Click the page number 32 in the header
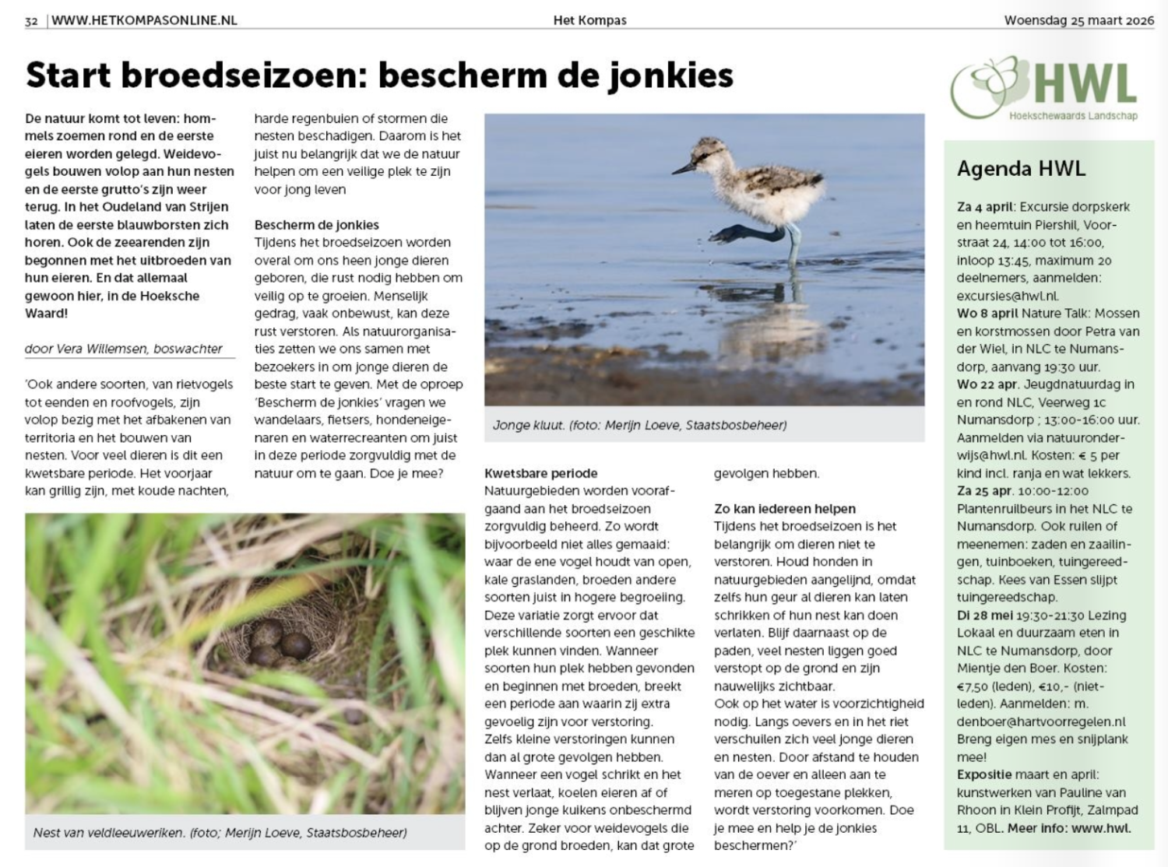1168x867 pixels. tap(31, 21)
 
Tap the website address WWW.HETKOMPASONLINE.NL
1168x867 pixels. tap(144, 21)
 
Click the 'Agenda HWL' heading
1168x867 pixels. tap(1021, 169)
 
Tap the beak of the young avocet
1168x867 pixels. tap(684, 167)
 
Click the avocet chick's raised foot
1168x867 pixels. tap(730, 232)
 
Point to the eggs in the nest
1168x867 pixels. tap(280, 648)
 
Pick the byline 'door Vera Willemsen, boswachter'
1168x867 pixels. tap(124, 349)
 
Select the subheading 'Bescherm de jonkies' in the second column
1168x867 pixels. tap(317, 225)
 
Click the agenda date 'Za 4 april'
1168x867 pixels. tap(985, 207)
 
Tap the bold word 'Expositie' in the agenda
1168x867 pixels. tap(985, 774)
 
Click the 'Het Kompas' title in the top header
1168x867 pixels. tap(589, 21)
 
